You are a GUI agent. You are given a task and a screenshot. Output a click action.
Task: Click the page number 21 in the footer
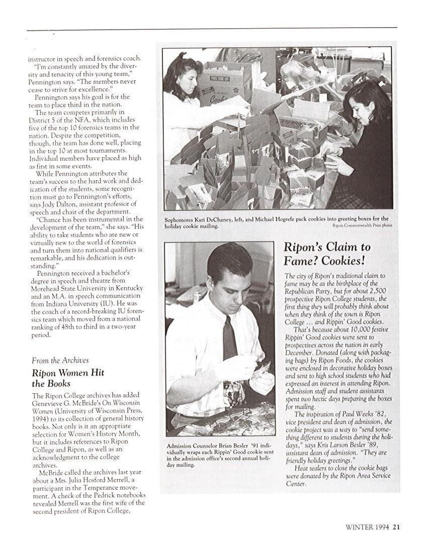click(396, 527)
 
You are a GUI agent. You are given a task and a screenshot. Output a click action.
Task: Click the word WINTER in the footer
click(359, 527)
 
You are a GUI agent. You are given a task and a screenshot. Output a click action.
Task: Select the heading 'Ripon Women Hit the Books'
click(68, 378)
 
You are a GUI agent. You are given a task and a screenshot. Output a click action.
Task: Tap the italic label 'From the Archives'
click(60, 360)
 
